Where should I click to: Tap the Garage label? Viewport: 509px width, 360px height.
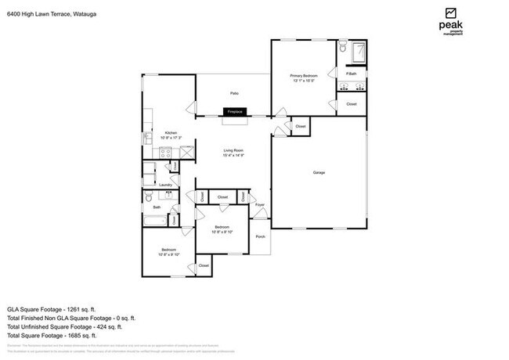[x=319, y=172]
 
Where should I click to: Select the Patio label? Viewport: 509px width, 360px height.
[x=233, y=93]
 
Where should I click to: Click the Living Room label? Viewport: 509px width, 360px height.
[x=234, y=152]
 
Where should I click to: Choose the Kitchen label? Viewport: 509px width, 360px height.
[x=170, y=134]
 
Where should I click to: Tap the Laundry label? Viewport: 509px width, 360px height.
[x=165, y=185]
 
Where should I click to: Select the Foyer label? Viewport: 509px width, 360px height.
[x=260, y=205]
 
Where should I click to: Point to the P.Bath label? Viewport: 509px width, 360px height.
[x=352, y=74]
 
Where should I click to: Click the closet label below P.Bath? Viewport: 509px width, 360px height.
[x=352, y=103]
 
